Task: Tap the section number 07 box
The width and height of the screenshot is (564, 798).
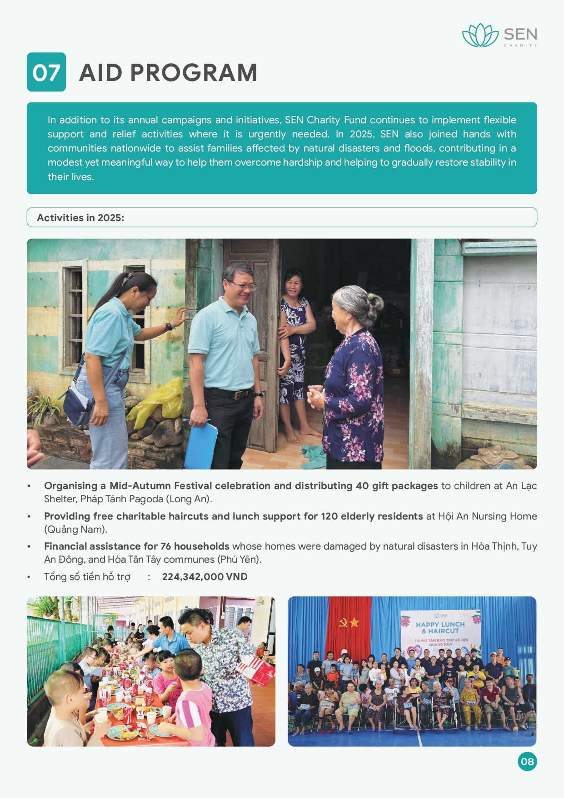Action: [x=46, y=72]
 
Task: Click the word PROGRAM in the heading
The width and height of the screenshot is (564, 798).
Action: [x=194, y=73]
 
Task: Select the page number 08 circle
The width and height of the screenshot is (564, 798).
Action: [x=527, y=762]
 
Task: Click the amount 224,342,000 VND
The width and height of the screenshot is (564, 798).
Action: [x=205, y=577]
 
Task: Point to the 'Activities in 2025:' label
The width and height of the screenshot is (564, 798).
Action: [x=80, y=218]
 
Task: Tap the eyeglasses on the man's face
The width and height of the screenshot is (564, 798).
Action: [x=244, y=286]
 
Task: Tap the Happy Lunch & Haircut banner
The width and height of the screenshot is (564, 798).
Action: [x=440, y=631]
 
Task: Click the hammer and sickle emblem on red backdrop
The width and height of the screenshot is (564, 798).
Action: [x=344, y=622]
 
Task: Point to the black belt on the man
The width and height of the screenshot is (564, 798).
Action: [x=229, y=393]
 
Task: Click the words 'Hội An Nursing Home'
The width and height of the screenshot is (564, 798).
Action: [x=487, y=516]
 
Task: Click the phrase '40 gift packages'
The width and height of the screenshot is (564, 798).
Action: [x=397, y=486]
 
